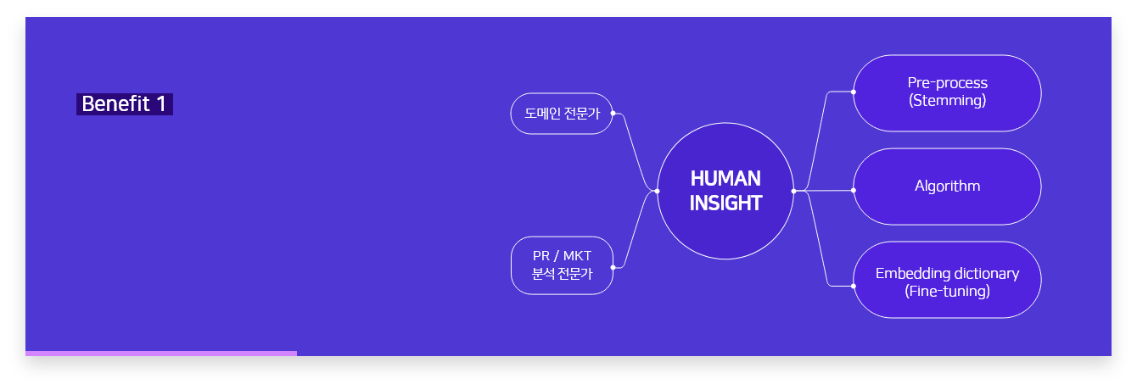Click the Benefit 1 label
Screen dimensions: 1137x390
pyautogui.click(x=125, y=104)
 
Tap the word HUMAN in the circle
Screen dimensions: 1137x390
pyautogui.click(x=725, y=179)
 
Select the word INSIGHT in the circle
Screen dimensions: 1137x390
pyautogui.click(x=725, y=203)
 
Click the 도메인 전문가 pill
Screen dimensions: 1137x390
pyautogui.click(x=562, y=114)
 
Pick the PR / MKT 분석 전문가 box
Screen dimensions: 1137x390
pyautogui.click(x=562, y=265)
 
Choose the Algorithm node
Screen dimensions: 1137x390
pyautogui.click(x=947, y=187)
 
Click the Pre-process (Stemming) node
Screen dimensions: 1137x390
pyautogui.click(x=947, y=92)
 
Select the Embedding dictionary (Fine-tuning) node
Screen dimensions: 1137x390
pyautogui.click(x=947, y=280)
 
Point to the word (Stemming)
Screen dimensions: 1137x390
pyautogui.click(x=947, y=100)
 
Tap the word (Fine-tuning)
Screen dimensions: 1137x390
pyautogui.click(x=947, y=291)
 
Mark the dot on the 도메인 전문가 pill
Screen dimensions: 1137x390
pyautogui.click(x=613, y=113)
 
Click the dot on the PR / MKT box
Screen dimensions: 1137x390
pyautogui.click(x=613, y=267)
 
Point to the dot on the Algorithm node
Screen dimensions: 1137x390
pyautogui.click(x=854, y=190)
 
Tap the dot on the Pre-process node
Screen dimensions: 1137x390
pyautogui.click(x=854, y=92)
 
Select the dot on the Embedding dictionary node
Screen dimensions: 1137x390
pyautogui.click(x=854, y=286)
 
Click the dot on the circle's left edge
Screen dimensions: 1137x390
pyautogui.click(x=658, y=192)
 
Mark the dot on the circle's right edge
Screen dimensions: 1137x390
pyautogui.click(x=794, y=192)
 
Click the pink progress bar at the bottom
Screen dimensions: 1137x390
pyautogui.click(x=161, y=354)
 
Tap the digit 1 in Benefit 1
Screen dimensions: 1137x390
pyautogui.click(x=161, y=104)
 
